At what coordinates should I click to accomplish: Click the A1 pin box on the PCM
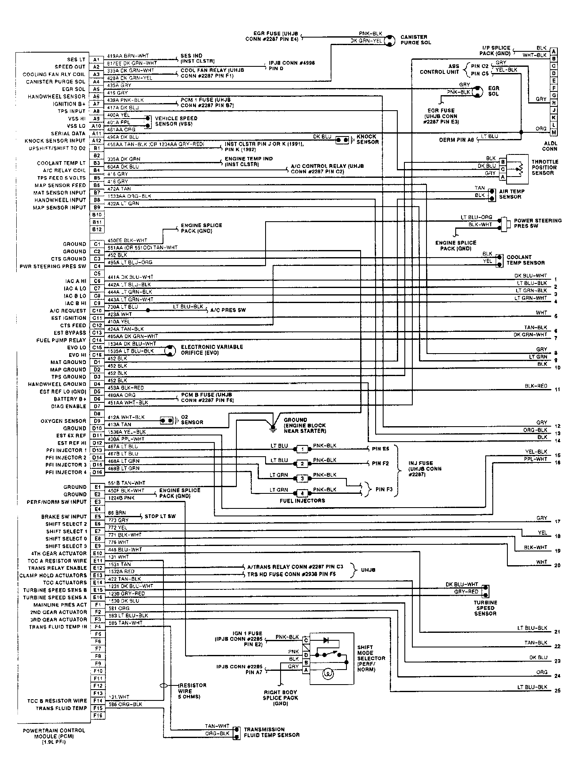96,60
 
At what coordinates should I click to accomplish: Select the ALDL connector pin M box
554,133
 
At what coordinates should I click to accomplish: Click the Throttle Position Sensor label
544,167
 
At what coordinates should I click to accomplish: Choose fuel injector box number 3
302,478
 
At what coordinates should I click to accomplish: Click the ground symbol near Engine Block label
273,427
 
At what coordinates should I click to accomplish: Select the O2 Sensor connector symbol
167,420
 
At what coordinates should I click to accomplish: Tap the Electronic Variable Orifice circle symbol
169,351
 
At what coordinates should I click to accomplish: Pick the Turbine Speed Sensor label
485,608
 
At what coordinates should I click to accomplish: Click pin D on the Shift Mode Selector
306,655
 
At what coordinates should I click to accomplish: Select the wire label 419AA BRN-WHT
128,56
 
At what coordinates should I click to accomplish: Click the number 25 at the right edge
557,691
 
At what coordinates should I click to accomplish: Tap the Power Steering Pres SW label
537,223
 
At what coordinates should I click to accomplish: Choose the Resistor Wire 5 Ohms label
192,691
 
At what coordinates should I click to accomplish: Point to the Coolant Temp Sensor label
525,260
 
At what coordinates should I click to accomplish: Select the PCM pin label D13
97,450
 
